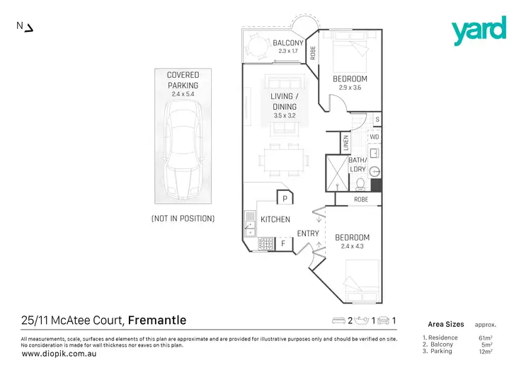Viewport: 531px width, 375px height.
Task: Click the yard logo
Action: (x=479, y=30)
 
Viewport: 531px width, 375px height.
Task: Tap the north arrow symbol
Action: (x=25, y=27)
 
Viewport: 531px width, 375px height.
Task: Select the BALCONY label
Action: (x=288, y=43)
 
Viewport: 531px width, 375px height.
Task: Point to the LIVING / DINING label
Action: (x=284, y=101)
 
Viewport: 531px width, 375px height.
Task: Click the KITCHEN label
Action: (x=275, y=219)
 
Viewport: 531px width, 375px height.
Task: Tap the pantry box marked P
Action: (x=283, y=200)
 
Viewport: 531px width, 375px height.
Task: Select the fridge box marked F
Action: (x=282, y=244)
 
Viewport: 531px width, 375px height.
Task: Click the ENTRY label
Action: (x=307, y=233)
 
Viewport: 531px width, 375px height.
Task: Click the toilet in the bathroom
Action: (x=360, y=185)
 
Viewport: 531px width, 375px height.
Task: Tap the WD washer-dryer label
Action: (x=375, y=137)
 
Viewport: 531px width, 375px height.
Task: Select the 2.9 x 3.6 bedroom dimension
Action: (x=350, y=88)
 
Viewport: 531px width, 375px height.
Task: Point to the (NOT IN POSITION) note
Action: (x=183, y=219)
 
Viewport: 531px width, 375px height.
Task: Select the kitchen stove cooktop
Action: (x=266, y=244)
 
